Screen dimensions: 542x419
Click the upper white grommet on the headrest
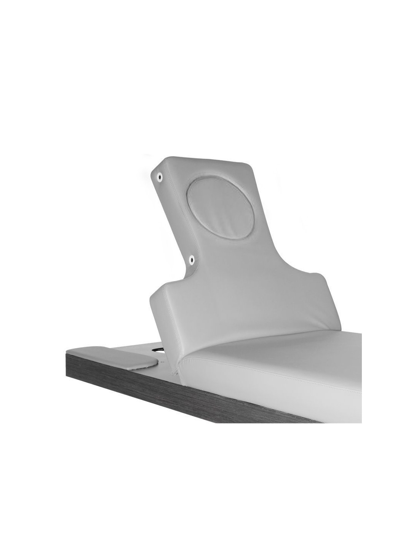tap(159, 177)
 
